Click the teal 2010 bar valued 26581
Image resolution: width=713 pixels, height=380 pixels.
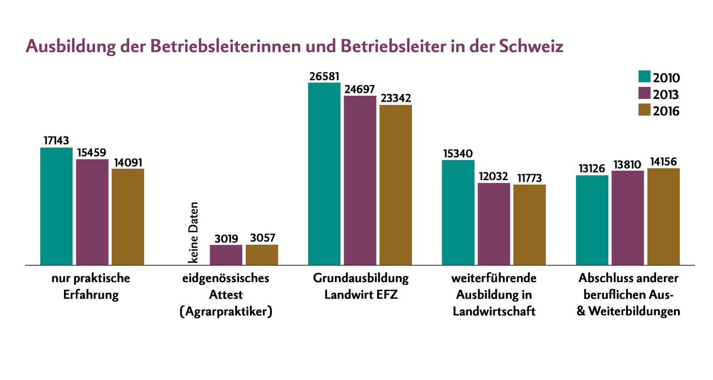pyautogui.click(x=324, y=174)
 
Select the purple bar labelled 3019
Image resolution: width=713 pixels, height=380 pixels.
pyautogui.click(x=226, y=255)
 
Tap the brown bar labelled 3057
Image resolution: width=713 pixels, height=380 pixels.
pyautogui.click(x=262, y=255)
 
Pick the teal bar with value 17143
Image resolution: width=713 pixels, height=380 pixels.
pyautogui.click(x=56, y=206)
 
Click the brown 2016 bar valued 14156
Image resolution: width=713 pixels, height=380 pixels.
pyautogui.click(x=663, y=216)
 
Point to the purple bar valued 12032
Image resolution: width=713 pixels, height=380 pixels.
pyautogui.click(x=494, y=224)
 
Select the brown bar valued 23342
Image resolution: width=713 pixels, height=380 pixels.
pyautogui.click(x=395, y=185)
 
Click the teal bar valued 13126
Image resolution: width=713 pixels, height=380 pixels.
pyautogui.click(x=592, y=220)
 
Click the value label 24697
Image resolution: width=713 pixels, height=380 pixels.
pyautogui.click(x=359, y=88)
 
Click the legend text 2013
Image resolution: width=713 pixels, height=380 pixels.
pyautogui.click(x=667, y=95)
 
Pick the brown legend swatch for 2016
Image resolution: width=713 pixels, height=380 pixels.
pyautogui.click(x=644, y=110)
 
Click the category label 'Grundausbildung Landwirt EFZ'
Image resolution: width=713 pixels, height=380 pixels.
pyautogui.click(x=360, y=286)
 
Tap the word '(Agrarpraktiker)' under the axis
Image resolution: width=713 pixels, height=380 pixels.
pyautogui.click(x=226, y=312)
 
